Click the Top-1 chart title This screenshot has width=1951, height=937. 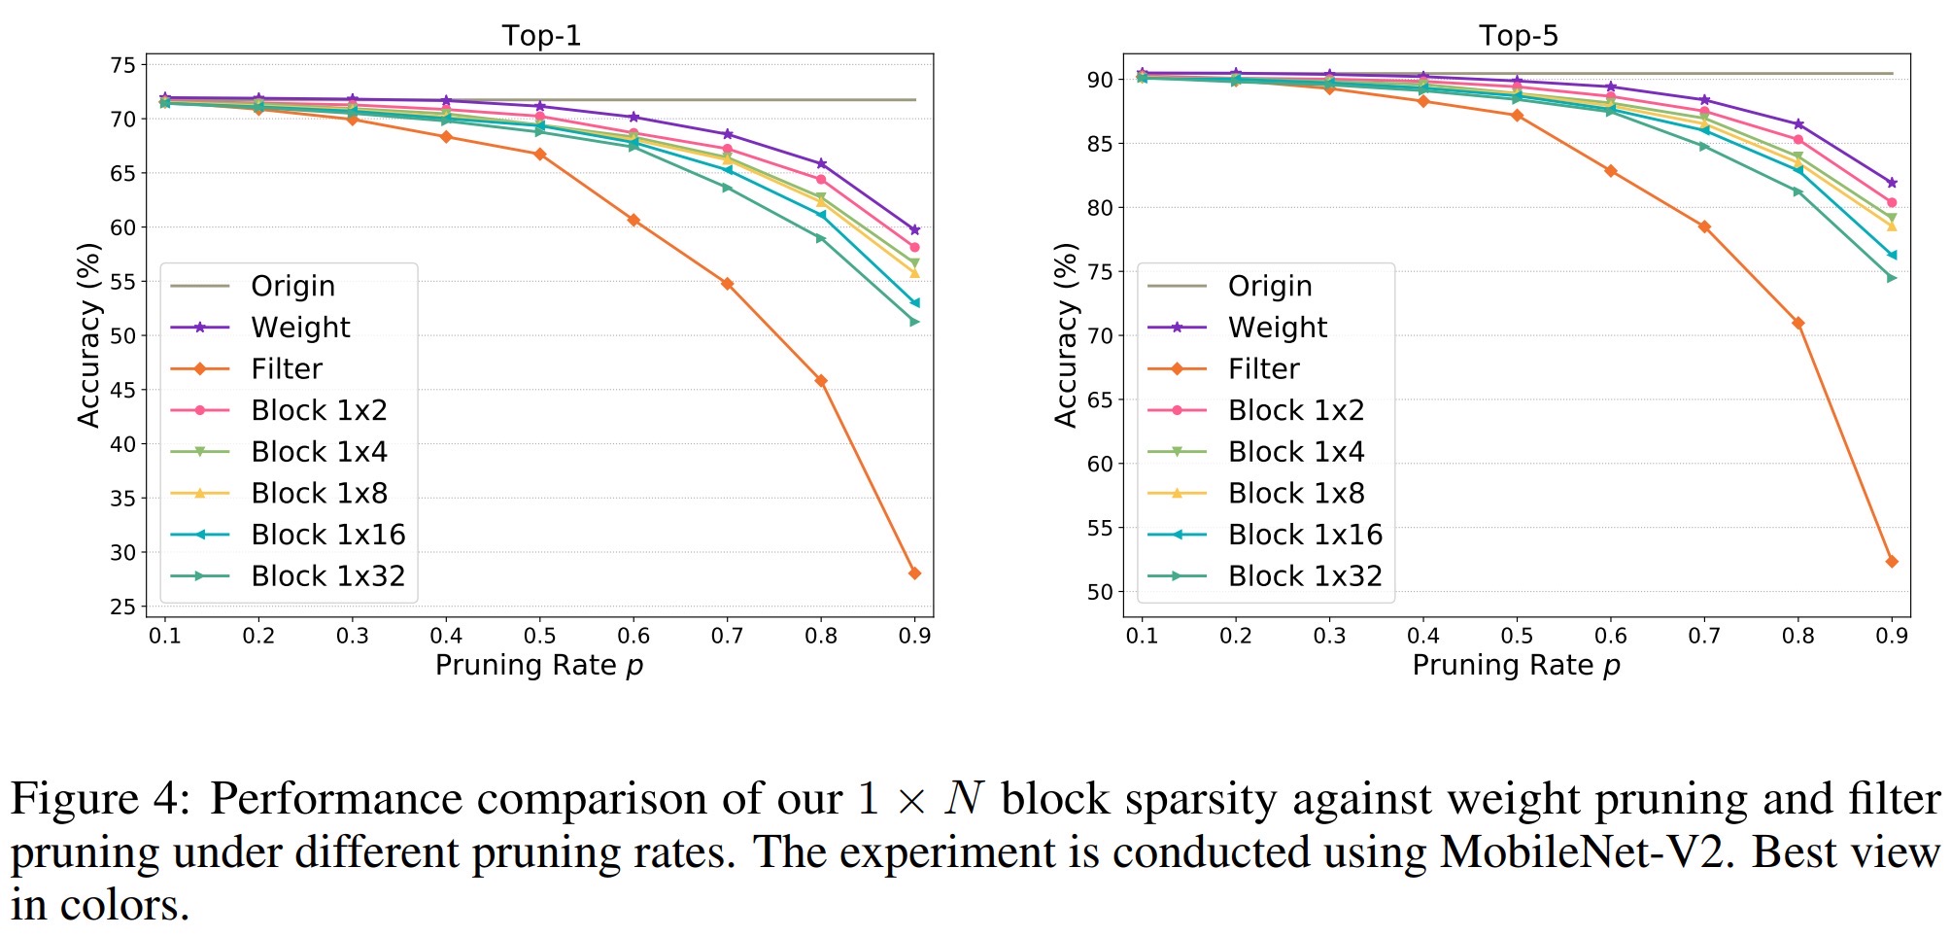click(x=541, y=36)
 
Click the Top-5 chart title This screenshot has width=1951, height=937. click(x=1518, y=36)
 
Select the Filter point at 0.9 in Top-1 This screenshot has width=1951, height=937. click(x=914, y=573)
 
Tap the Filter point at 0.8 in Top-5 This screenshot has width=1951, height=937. click(x=1798, y=323)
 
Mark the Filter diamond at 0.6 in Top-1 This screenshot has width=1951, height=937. click(x=633, y=221)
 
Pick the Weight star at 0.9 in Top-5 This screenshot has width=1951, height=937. click(x=1892, y=183)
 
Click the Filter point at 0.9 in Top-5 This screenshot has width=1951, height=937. click(x=1892, y=562)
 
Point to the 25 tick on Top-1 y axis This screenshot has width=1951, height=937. click(x=123, y=607)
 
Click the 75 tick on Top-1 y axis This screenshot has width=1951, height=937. click(x=123, y=65)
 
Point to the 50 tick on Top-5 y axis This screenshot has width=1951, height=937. click(x=1100, y=592)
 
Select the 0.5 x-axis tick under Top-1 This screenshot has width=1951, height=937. click(x=540, y=636)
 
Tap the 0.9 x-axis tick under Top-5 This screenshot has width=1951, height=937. click(x=1892, y=636)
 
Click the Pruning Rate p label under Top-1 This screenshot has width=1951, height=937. click(x=539, y=666)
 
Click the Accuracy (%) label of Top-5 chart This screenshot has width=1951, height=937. click(x=1066, y=335)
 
